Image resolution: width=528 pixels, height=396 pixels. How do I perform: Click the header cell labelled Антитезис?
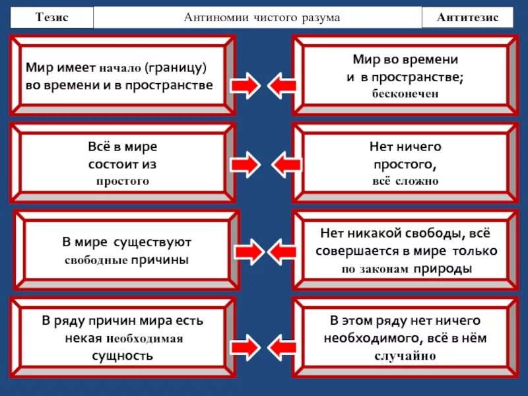pos(467,17)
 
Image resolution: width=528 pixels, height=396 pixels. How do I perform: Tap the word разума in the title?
pos(319,17)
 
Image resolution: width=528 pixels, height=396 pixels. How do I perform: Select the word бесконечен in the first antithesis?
pos(404,94)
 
